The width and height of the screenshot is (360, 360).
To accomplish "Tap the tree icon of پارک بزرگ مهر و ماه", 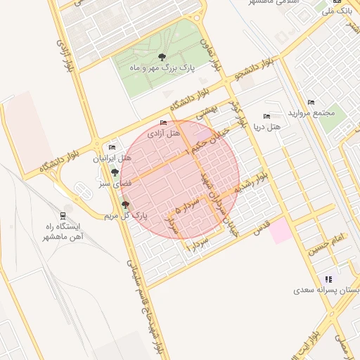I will (x=162, y=57).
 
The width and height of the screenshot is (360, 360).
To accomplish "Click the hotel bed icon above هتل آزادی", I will (x=164, y=123).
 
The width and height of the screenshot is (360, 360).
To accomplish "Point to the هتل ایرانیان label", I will (x=111, y=159).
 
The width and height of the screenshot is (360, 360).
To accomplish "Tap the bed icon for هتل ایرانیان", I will (x=111, y=148).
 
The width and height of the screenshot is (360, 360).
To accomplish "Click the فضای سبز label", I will (x=111, y=184).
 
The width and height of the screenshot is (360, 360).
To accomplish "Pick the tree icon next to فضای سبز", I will (x=115, y=172).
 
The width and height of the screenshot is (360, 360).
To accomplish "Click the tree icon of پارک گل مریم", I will (x=126, y=205).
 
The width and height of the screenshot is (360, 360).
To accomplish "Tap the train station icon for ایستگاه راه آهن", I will (x=63, y=215).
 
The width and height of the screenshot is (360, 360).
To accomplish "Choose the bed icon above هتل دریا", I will (x=266, y=116).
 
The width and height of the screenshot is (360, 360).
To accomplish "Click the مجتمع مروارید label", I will (x=311, y=113).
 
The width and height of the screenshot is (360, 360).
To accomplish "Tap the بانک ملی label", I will (x=336, y=11).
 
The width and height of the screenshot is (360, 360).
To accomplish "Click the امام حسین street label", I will (x=325, y=244).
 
